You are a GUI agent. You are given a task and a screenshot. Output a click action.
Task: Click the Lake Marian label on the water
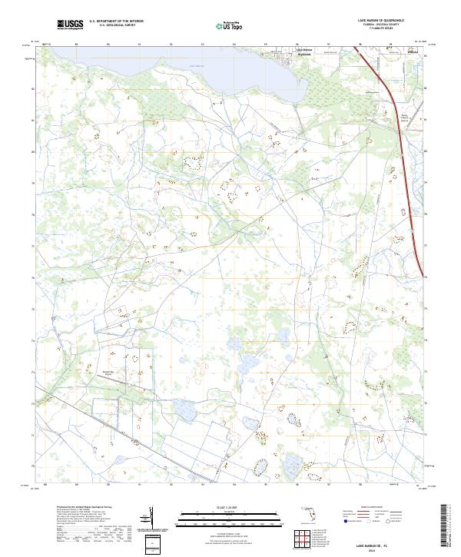click(x=197, y=67)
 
